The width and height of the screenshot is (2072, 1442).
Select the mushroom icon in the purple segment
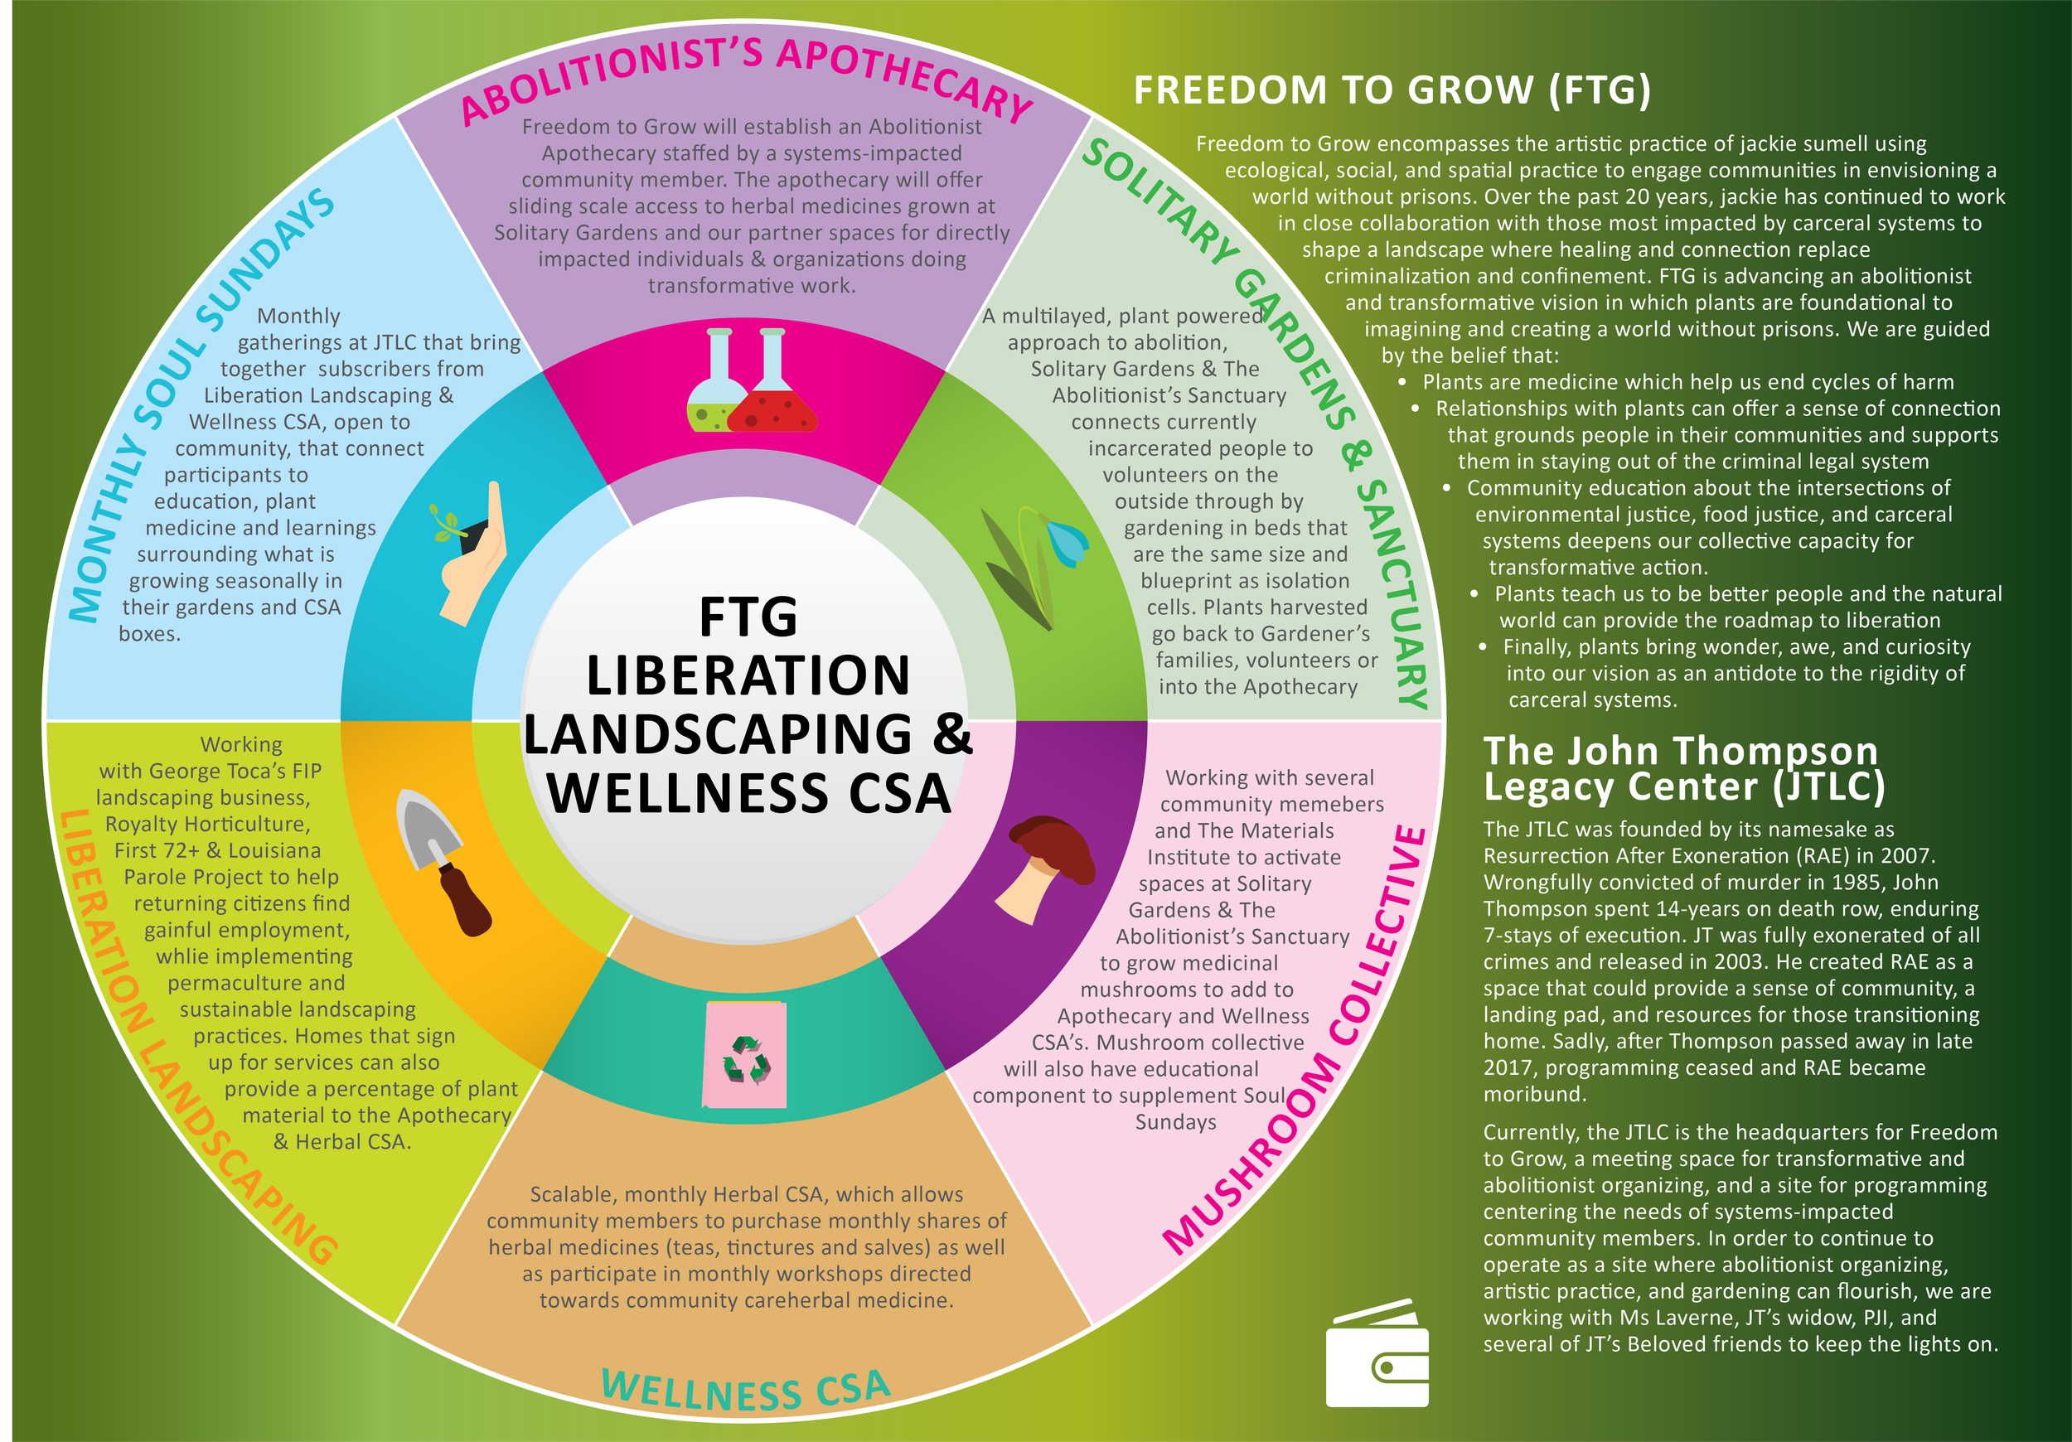(x=1047, y=866)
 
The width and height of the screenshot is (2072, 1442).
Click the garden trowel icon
(x=443, y=862)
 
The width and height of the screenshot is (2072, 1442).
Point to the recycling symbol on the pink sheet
(x=745, y=1057)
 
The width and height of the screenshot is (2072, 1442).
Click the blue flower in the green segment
(x=1067, y=541)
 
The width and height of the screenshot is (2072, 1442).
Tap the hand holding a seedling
(x=469, y=555)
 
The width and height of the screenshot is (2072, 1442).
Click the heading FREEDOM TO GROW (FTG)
(x=1392, y=90)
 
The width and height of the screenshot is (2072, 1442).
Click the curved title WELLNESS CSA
(x=745, y=1390)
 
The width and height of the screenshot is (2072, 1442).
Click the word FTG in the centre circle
(x=748, y=617)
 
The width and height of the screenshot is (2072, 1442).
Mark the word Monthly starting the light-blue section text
(x=298, y=316)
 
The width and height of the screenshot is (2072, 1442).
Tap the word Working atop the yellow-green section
(x=241, y=744)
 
